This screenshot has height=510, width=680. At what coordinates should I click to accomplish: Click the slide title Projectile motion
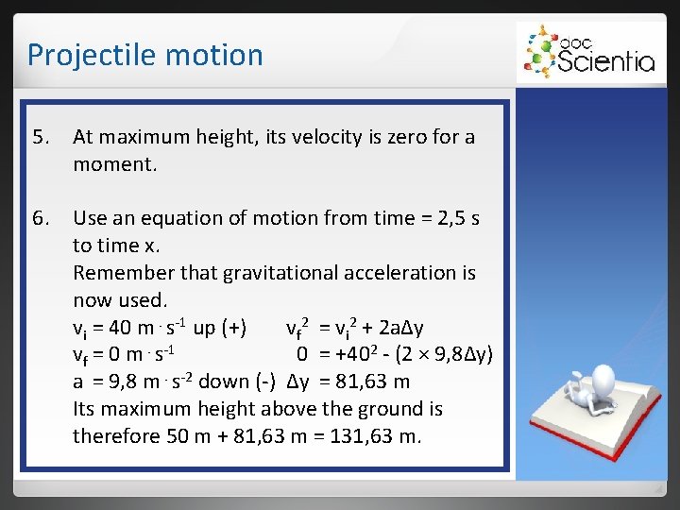[144, 55]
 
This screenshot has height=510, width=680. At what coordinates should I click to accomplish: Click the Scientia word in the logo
[605, 62]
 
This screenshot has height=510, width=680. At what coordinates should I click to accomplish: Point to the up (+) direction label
[220, 328]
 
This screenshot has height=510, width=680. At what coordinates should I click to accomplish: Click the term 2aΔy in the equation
[397, 328]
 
